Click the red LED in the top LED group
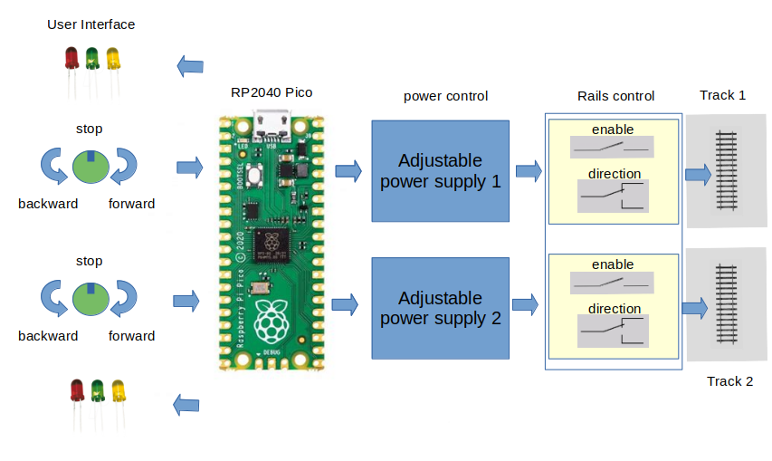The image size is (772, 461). tap(71, 60)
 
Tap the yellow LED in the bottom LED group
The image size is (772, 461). tap(119, 391)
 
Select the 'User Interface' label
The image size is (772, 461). tap(91, 24)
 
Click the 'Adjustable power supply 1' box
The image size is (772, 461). tap(440, 171)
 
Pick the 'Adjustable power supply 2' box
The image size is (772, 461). tap(440, 308)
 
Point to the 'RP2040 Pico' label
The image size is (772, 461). tap(272, 91)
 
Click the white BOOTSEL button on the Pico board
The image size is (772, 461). tap(258, 177)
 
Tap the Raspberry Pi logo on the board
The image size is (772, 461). tap(272, 320)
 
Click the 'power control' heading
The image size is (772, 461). tap(445, 96)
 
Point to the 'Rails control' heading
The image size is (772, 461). tap(615, 96)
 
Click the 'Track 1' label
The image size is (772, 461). tap(722, 95)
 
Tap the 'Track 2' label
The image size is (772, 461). tap(729, 381)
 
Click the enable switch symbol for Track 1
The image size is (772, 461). tap(612, 147)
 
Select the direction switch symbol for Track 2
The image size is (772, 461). tap(612, 330)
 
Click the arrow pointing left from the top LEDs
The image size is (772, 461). tap(190, 66)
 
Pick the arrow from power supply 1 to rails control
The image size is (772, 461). tap(528, 169)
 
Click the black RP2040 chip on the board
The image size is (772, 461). tap(272, 243)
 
